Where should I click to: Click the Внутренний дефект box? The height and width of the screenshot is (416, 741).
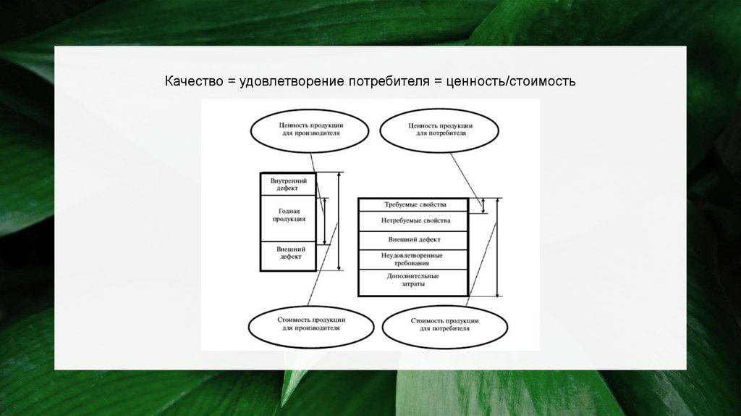click(x=289, y=184)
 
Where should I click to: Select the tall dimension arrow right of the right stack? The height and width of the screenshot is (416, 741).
click(x=498, y=246)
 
